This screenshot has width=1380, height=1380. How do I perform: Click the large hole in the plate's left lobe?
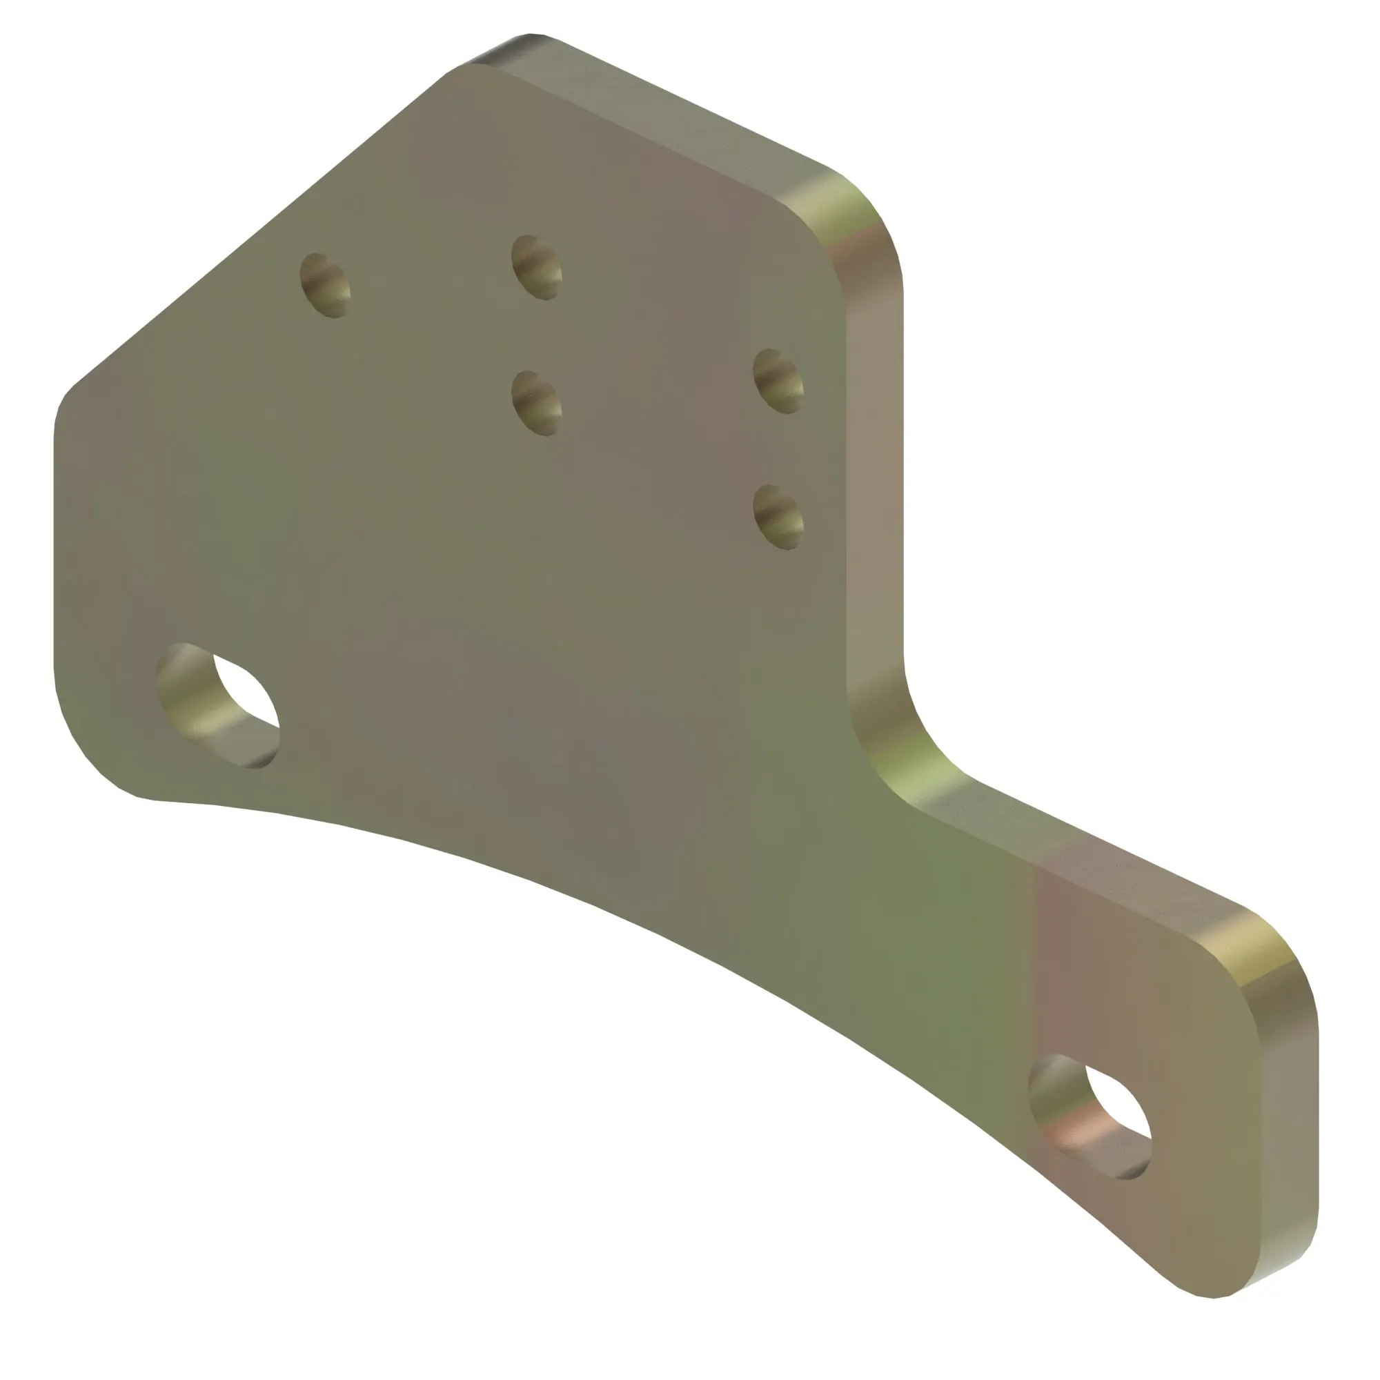pyautogui.click(x=218, y=706)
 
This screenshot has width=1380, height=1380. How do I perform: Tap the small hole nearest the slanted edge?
pyautogui.click(x=326, y=284)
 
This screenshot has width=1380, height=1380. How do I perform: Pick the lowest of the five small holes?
pyautogui.click(x=778, y=517)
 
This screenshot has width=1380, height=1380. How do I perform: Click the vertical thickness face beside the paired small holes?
pyautogui.click(x=875, y=464)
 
